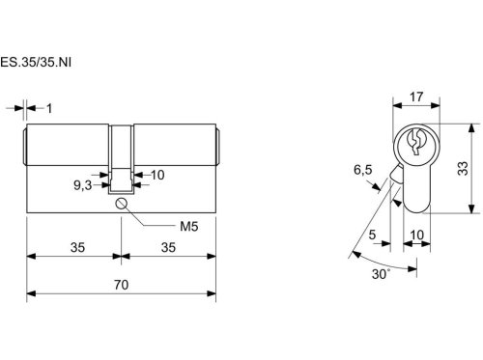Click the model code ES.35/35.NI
pos(36,62)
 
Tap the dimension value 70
pos(121,285)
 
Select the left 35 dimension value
pos(77,247)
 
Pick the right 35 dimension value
pos(168,247)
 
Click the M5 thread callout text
pos(189,227)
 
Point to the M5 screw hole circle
pos(121,204)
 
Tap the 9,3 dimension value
pos(83,185)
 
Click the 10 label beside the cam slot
pos(157,175)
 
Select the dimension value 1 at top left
pos(49,108)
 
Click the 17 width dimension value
pos(416,97)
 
